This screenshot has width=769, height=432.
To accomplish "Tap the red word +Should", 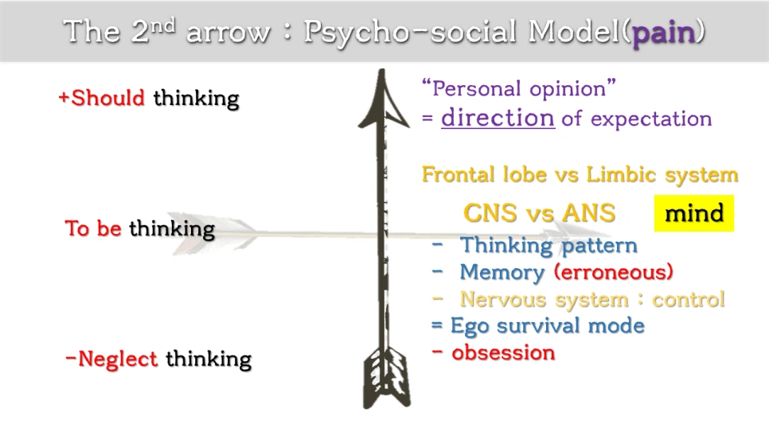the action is pyautogui.click(x=101, y=98).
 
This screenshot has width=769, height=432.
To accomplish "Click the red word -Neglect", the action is pyautogui.click(x=111, y=359).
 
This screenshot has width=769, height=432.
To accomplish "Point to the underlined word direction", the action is pyautogui.click(x=498, y=118).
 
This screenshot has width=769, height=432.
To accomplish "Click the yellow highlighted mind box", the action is pyautogui.click(x=694, y=213).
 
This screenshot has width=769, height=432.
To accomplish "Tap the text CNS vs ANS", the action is pyautogui.click(x=539, y=213).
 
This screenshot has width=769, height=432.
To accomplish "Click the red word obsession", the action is pyautogui.click(x=503, y=352).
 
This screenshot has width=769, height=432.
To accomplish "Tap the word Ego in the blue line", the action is pyautogui.click(x=468, y=325).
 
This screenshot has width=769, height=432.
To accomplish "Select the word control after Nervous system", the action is pyautogui.click(x=689, y=299).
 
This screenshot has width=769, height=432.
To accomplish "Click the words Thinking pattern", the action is pyautogui.click(x=548, y=246).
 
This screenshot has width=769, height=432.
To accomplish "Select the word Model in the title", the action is pyautogui.click(x=574, y=33).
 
